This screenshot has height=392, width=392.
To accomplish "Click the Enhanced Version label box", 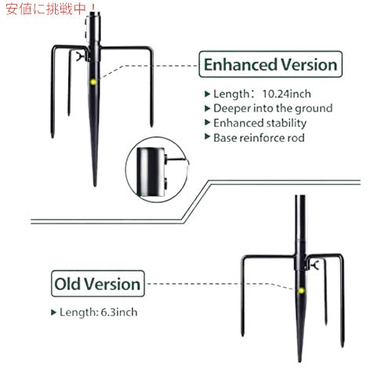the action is tap(270, 64).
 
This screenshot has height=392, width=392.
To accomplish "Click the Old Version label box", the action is tap(98, 284).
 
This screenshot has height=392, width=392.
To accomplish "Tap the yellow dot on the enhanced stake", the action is tap(93, 82).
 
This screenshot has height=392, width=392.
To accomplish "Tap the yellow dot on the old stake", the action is tap(301, 291).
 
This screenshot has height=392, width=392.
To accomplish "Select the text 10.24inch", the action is tap(286, 94).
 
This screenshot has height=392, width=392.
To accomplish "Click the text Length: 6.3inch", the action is tap(99, 312).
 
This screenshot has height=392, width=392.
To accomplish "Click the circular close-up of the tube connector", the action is tap(157, 170).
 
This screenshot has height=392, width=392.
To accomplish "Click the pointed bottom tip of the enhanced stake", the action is tap(95, 186).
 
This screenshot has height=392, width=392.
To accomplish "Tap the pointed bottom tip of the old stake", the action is tap(299, 361).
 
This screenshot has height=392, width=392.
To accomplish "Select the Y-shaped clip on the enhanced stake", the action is tap(79, 56).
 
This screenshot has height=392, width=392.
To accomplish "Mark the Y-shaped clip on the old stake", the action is tap(315, 265).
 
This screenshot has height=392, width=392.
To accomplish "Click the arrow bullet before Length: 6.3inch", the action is tap(53, 312).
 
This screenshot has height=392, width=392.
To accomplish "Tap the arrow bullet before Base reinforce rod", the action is tap(207, 136).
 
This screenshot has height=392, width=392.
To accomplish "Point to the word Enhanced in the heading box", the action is tap(241, 64).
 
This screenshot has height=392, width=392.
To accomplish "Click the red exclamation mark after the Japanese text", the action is tap(92, 9).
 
